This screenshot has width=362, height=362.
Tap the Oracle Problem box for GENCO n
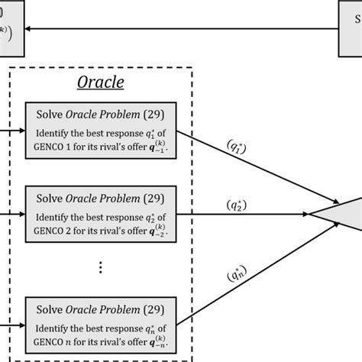[101, 323]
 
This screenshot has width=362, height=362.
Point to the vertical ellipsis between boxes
[101, 267]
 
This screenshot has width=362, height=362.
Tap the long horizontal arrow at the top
[183, 29]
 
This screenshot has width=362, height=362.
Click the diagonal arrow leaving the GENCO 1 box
[244, 168]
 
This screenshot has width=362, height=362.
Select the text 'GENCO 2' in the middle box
[53, 226]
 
